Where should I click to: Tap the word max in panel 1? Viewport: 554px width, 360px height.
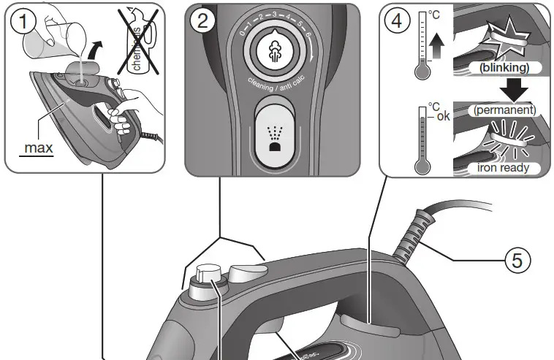[x=38, y=148]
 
